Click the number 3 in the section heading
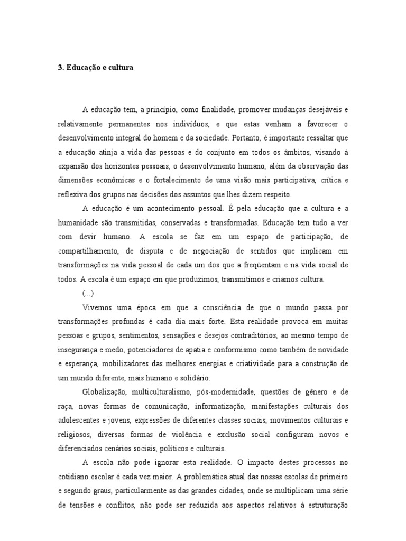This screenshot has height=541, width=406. pyautogui.click(x=59, y=68)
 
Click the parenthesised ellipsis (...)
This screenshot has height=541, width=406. pyautogui.click(x=88, y=293)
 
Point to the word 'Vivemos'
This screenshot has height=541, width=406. pyautogui.click(x=97, y=307)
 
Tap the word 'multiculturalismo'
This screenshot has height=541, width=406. pyautogui.click(x=162, y=392)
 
